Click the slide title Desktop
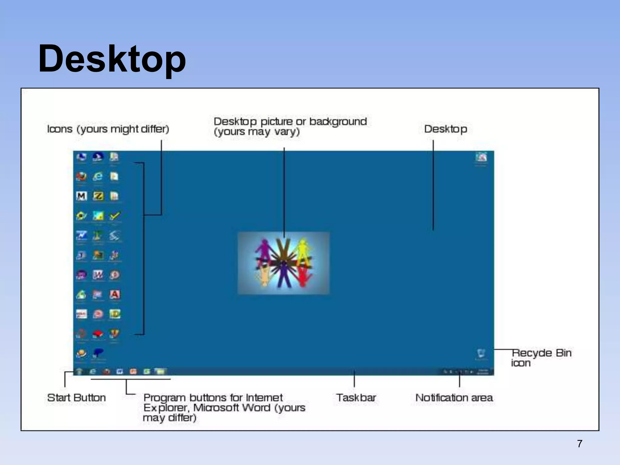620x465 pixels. [112, 59]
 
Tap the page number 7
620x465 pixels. [579, 444]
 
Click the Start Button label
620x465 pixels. [77, 397]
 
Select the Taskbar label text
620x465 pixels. [356, 397]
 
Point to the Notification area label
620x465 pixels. [454, 397]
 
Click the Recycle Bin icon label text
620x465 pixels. [541, 358]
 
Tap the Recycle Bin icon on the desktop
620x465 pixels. [481, 353]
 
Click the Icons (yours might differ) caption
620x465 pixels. [108, 129]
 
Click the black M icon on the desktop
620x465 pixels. [81, 196]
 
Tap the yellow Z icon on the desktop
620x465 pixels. [98, 196]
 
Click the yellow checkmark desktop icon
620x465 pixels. [114, 216]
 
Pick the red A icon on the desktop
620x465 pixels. [114, 294]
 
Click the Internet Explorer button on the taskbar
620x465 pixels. [93, 371]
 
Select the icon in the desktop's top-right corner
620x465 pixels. [481, 157]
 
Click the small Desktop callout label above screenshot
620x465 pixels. [445, 129]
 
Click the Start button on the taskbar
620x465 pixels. [79, 371]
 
